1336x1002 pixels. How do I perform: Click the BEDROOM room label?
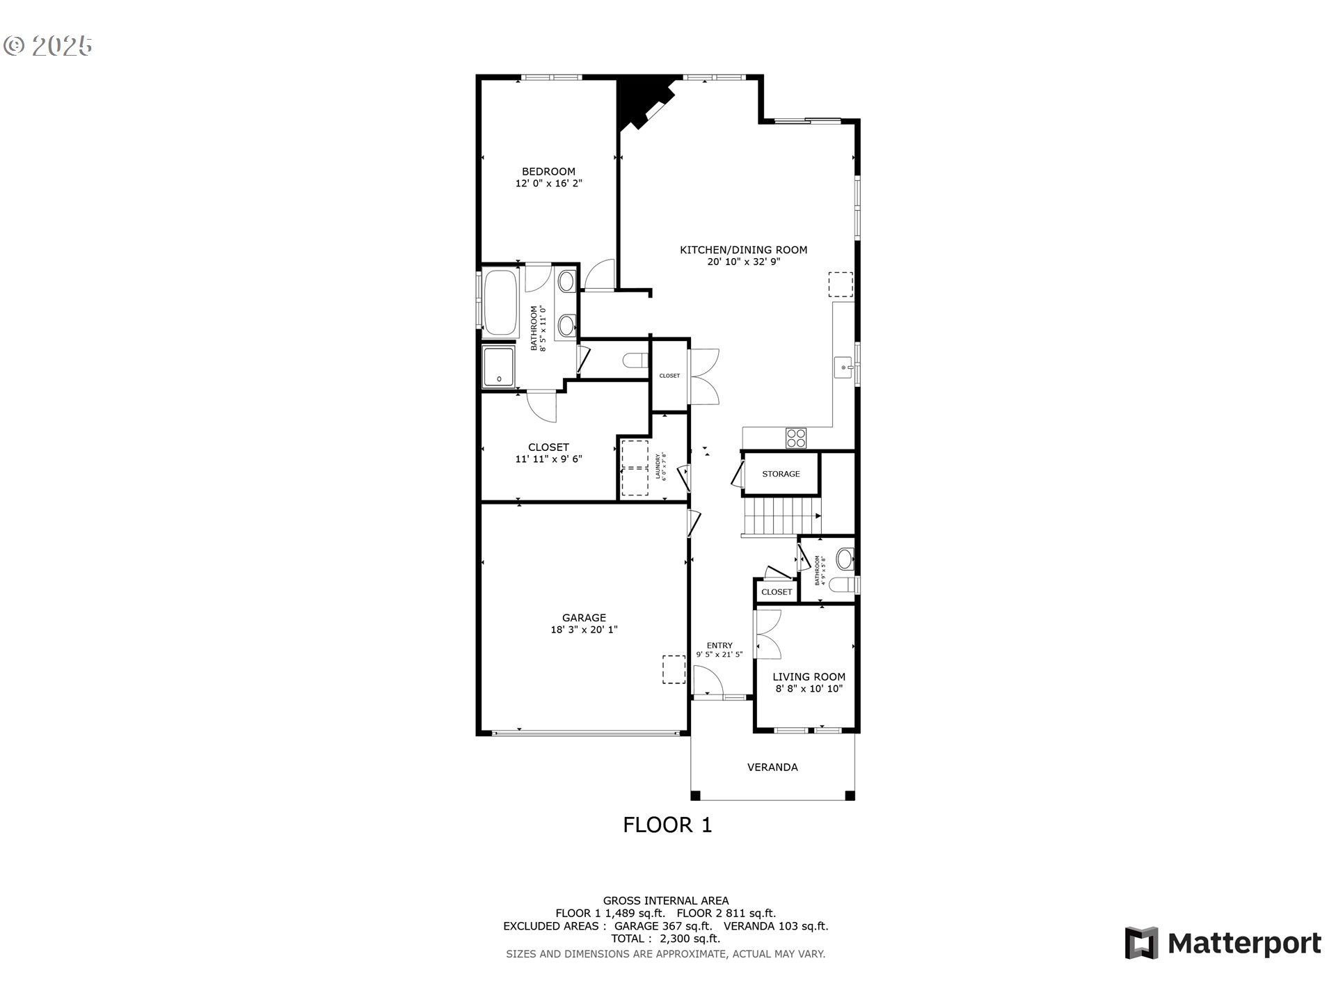pos(548,171)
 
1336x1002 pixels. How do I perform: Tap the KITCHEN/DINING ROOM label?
pos(743,250)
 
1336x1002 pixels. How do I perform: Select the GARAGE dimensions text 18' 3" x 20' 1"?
pos(584,630)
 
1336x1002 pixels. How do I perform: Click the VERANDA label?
pos(772,767)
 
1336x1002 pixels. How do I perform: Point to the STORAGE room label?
pos(781,474)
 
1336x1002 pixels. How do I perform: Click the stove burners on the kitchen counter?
pos(796,438)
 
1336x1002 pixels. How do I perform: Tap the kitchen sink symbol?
pos(843,367)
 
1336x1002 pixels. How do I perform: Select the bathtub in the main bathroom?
pos(500,303)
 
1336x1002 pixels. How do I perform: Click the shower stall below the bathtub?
pos(499,366)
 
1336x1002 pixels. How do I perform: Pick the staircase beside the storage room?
pos(781,516)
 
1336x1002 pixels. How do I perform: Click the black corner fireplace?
pos(639,101)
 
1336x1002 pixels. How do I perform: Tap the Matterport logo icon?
pos(1141,943)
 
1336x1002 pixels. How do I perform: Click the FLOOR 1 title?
pos(667,825)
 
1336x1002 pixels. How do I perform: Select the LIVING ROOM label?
pos(809,676)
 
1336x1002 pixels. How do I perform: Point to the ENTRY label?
pos(719,646)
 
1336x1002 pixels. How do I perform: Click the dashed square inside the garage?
pos(673,669)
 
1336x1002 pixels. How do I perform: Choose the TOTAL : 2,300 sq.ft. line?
pos(665,939)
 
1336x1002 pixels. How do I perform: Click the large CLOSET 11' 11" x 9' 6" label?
pos(548,453)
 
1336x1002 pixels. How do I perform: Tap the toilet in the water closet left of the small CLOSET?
pos(635,360)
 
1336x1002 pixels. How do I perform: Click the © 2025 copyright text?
pos(48,46)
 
